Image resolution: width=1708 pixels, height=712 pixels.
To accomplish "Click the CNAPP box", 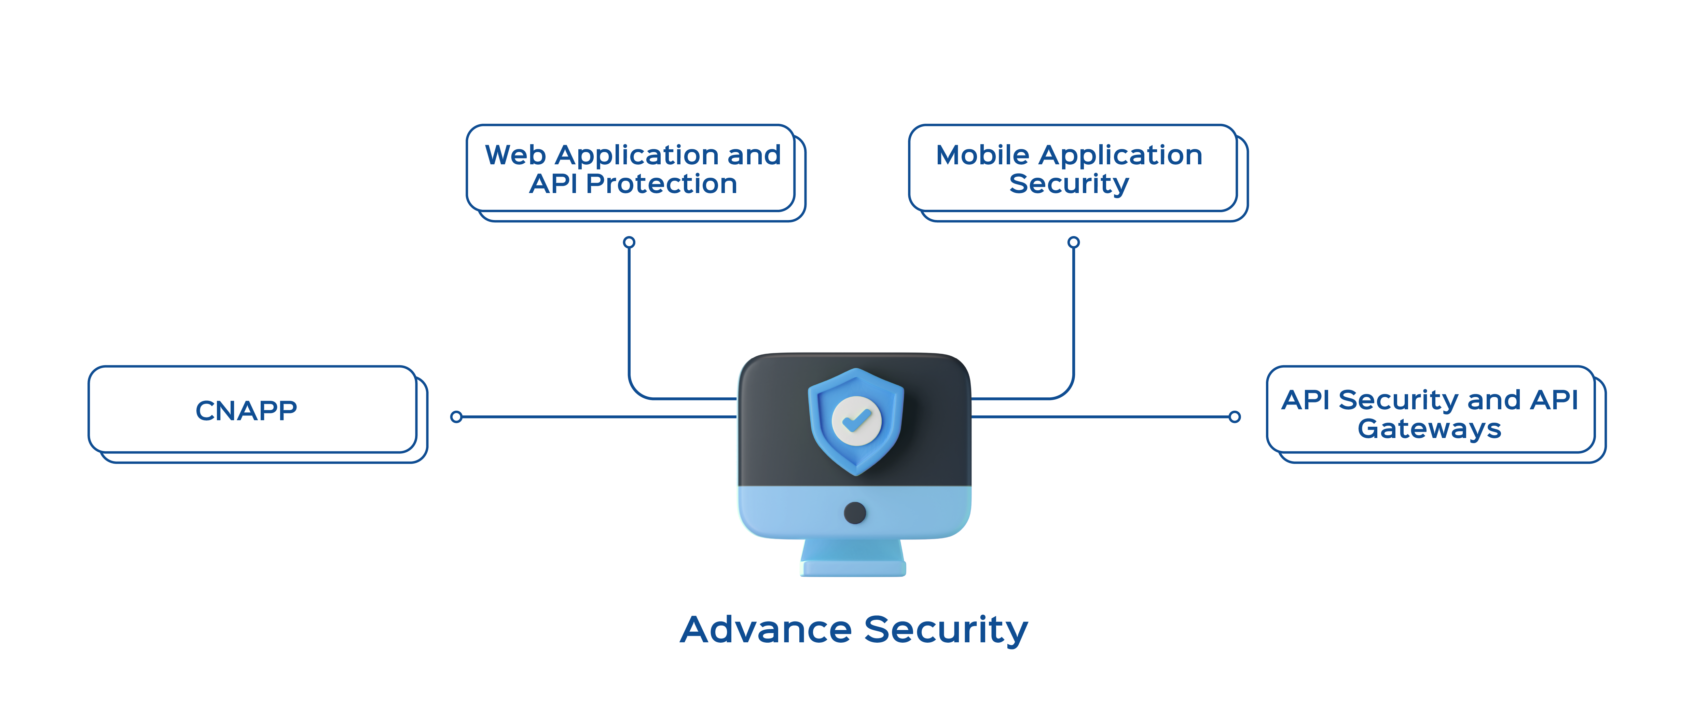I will (x=252, y=410).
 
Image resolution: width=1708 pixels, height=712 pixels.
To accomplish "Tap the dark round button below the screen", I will (x=855, y=512).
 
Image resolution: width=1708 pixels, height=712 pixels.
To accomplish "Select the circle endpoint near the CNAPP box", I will (x=456, y=417).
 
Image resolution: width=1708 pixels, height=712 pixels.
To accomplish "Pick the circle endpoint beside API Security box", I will (x=1234, y=417).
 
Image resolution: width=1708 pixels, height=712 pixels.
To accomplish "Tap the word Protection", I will (x=662, y=183).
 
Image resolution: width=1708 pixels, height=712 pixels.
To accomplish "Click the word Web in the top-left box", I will (x=516, y=155).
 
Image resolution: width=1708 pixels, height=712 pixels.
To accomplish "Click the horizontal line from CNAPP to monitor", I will (x=597, y=417).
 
